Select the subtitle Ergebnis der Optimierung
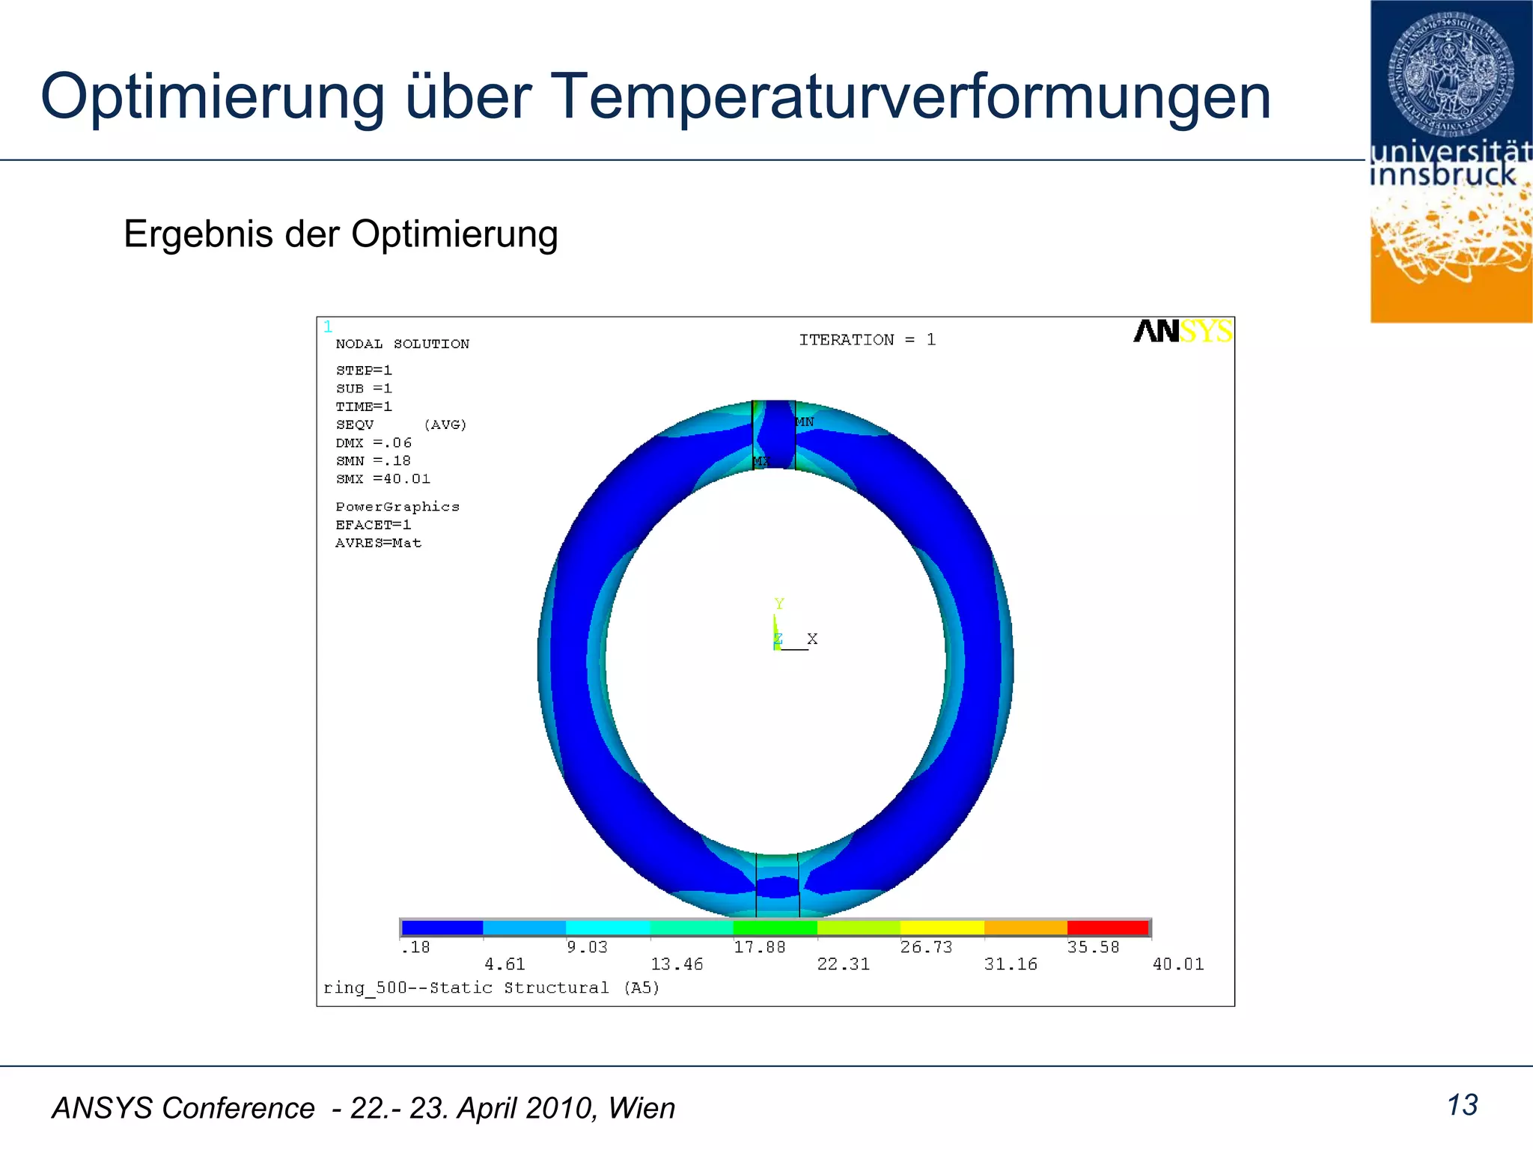[341, 234]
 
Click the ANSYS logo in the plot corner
[1182, 331]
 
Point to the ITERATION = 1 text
[867, 340]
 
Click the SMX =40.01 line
[383, 479]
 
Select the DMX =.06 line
[374, 443]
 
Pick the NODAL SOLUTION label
[402, 344]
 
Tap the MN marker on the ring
[805, 422]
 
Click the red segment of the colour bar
[1108, 928]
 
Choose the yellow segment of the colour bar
[942, 928]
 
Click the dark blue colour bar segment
[442, 928]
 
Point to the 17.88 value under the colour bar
[759, 948]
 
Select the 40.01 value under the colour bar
[1178, 965]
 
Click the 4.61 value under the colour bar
[505, 965]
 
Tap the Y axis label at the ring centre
[779, 604]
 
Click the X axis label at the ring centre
[812, 639]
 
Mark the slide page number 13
[1462, 1106]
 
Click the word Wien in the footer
[641, 1109]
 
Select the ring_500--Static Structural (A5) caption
[491, 988]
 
